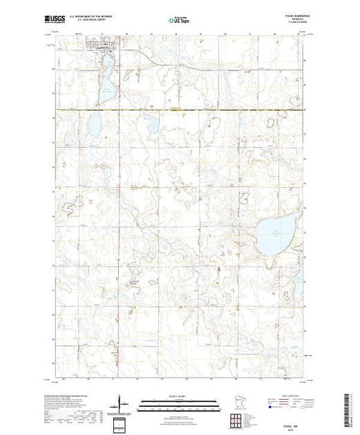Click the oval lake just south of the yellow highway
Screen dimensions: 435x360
[91, 128]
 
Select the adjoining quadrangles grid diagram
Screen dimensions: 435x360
[250, 403]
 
